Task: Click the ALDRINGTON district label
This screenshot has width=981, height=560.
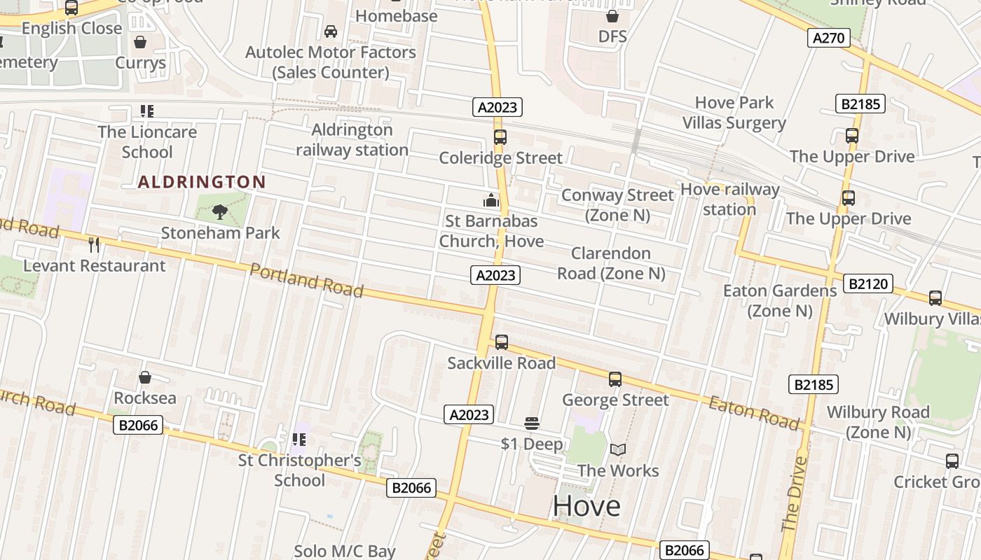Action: [x=202, y=183]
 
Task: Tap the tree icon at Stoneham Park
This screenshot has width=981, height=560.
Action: [x=220, y=211]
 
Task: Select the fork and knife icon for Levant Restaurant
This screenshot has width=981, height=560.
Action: [x=94, y=244]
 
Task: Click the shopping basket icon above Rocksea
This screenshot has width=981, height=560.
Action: [x=145, y=377]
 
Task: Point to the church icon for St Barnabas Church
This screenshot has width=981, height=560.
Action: [x=491, y=201]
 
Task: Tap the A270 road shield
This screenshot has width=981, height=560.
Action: [x=829, y=38]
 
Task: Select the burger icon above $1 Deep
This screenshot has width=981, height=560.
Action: [x=531, y=423]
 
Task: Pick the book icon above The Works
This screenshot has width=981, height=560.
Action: [x=617, y=449]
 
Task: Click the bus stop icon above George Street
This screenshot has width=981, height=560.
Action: [x=615, y=379]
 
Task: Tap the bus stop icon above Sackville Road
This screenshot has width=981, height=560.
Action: [x=502, y=342]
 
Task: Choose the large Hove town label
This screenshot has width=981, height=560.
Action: [x=586, y=505]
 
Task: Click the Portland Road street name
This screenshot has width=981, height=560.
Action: [x=306, y=280]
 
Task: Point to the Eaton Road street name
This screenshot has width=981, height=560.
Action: [x=753, y=412]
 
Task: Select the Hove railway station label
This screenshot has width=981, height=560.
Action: [x=729, y=199]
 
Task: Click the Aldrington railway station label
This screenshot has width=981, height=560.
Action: [x=352, y=140]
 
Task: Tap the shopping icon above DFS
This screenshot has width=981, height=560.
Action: [x=612, y=16]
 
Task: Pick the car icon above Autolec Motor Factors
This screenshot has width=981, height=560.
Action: [x=331, y=31]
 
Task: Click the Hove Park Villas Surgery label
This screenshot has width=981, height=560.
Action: [x=734, y=113]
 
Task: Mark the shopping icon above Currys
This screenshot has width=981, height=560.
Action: [x=140, y=42]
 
